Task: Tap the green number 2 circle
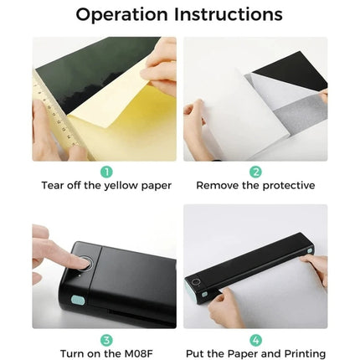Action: [255, 171]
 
